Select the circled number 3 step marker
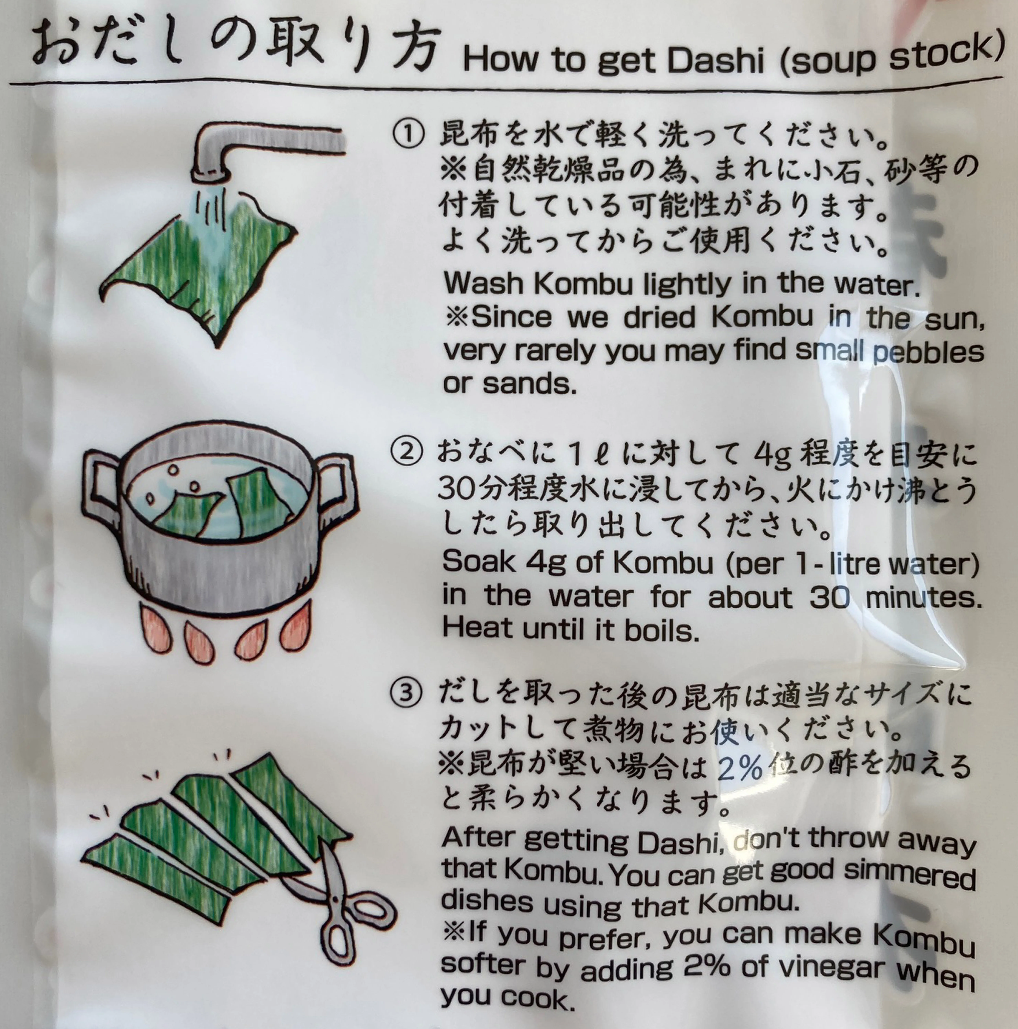[406, 693]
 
